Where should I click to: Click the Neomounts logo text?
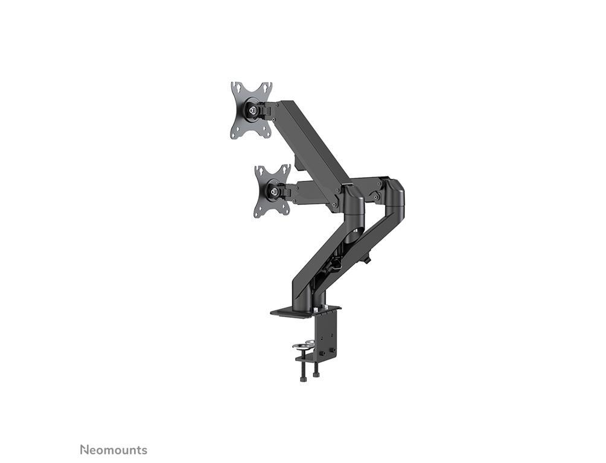113,450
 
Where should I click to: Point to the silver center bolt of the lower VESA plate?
275,192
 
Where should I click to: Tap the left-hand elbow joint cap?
353,199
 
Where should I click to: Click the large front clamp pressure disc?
301,346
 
